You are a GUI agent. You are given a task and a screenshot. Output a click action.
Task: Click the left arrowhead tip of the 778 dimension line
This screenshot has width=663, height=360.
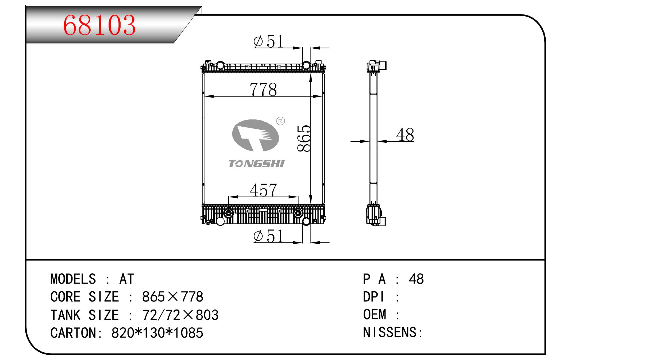(x=205, y=96)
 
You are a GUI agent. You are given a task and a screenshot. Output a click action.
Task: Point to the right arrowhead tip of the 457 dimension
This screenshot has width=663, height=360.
(x=298, y=197)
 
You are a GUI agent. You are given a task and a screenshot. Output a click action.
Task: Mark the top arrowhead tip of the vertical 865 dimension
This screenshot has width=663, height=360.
(x=310, y=74)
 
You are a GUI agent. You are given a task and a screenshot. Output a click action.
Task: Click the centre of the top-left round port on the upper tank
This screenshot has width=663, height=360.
(x=220, y=65)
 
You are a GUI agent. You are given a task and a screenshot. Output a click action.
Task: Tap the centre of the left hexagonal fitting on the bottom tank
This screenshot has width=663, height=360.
(x=229, y=213)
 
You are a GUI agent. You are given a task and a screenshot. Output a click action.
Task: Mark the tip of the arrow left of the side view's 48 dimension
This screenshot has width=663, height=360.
(x=369, y=141)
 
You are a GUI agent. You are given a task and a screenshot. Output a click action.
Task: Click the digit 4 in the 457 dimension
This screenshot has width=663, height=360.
(x=255, y=190)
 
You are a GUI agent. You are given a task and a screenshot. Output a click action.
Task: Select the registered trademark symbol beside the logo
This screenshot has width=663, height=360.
(x=280, y=121)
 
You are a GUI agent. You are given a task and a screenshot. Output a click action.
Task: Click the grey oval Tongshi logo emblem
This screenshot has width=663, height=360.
(x=255, y=135)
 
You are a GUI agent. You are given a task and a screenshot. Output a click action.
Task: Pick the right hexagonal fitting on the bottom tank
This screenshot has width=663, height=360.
(x=298, y=213)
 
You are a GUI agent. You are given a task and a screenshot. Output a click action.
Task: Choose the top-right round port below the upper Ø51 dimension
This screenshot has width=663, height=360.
(x=306, y=65)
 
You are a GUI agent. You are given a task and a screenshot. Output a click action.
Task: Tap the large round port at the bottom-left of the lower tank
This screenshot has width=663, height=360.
(x=220, y=221)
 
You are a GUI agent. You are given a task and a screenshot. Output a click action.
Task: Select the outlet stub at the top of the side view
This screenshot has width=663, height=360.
(x=382, y=65)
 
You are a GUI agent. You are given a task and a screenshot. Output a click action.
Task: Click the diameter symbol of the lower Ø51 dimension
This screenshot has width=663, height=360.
(x=258, y=236)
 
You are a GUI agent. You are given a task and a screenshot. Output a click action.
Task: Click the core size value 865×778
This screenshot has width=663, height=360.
(x=173, y=297)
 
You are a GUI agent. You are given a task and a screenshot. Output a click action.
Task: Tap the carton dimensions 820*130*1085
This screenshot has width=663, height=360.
(x=157, y=333)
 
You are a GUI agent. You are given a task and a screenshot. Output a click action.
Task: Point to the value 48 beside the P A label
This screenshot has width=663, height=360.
(x=416, y=279)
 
